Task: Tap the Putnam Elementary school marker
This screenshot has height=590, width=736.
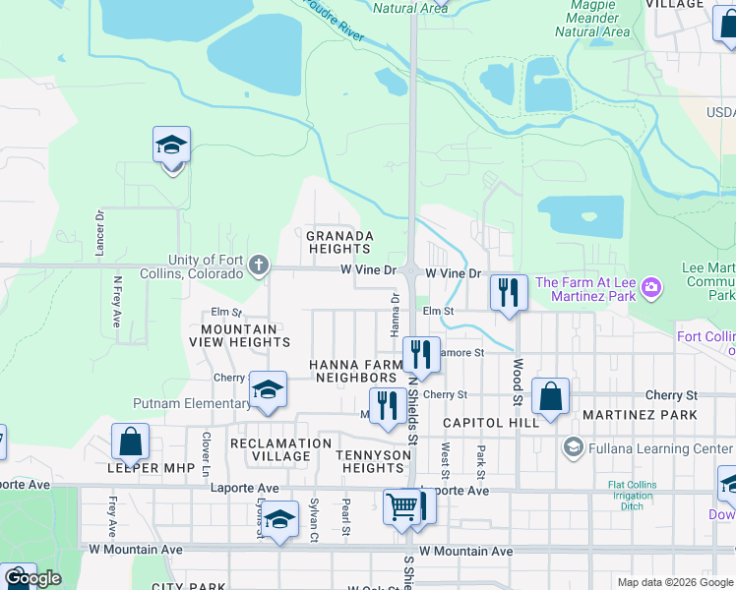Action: click(267, 390)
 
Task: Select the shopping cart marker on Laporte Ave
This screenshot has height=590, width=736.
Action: click(401, 507)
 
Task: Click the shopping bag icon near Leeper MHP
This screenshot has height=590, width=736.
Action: click(130, 442)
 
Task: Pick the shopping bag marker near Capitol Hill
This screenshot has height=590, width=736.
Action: click(551, 396)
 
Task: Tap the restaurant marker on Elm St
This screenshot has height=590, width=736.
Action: click(509, 293)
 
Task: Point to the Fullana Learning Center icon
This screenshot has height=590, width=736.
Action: click(572, 448)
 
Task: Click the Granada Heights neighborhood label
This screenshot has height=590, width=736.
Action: click(339, 242)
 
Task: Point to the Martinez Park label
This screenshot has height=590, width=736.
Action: click(640, 415)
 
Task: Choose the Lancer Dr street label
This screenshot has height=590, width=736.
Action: click(99, 233)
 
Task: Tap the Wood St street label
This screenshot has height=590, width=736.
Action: click(516, 382)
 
